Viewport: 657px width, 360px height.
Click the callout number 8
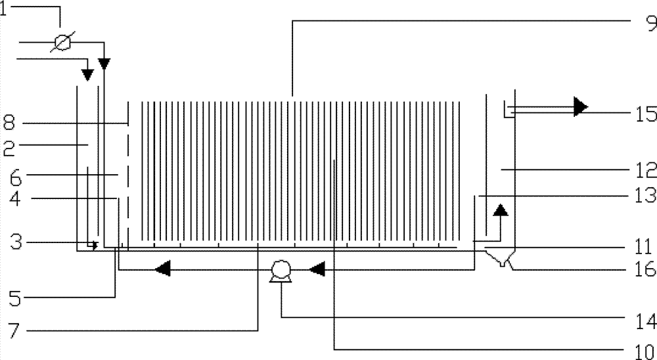(x=9, y=121)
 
